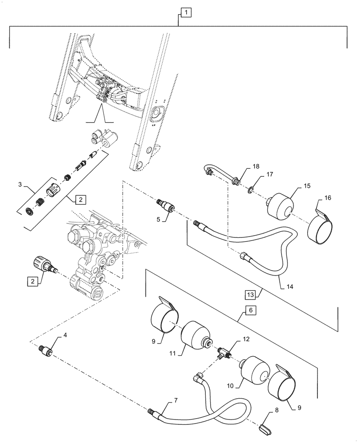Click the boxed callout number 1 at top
point(186,13)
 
